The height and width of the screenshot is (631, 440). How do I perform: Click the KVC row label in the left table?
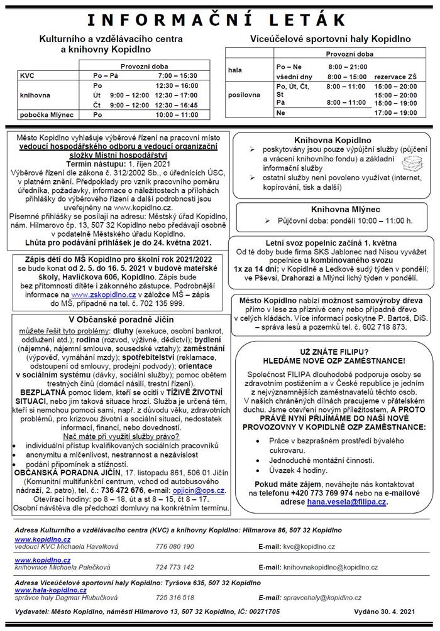click(x=28, y=75)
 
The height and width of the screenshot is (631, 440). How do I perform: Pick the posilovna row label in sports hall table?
click(x=245, y=95)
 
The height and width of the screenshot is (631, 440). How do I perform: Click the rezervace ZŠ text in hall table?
click(x=395, y=76)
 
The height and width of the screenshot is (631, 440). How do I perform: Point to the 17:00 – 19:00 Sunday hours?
click(x=395, y=112)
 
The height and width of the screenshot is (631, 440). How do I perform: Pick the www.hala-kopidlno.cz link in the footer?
click(x=45, y=591)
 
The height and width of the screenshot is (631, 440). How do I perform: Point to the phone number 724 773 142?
click(x=175, y=567)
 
